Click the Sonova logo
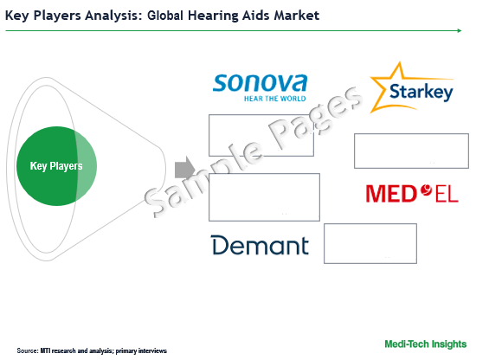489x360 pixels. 260,87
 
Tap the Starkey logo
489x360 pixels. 412,88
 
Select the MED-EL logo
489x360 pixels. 412,194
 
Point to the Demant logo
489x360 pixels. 261,245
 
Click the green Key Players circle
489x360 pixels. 56,166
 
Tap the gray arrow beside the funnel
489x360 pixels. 185,169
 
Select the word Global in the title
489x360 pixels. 165,16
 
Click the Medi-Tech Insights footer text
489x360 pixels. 425,344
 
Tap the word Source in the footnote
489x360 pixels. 28,350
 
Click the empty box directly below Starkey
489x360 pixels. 411,151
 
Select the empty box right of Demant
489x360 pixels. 370,244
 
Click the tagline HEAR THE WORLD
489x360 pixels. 274,99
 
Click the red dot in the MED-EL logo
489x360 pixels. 426,190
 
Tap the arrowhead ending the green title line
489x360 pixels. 460,30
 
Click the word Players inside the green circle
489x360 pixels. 66,166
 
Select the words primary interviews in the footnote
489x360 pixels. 141,351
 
